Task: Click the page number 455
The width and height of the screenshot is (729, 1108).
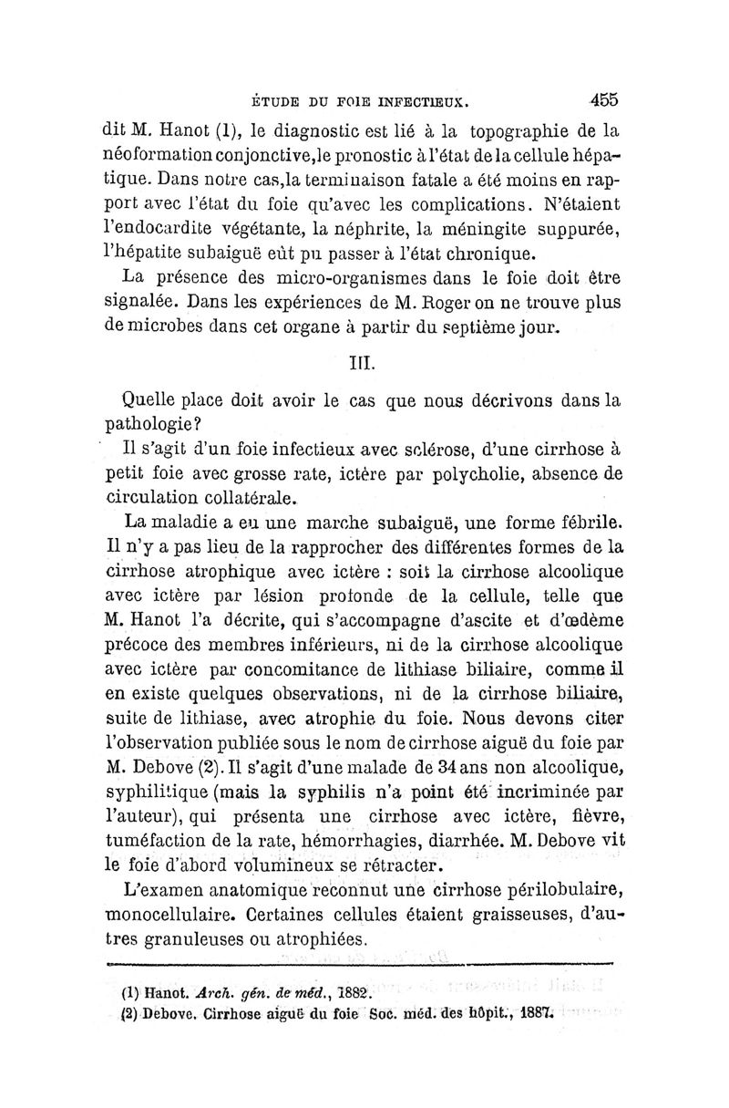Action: [603, 98]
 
